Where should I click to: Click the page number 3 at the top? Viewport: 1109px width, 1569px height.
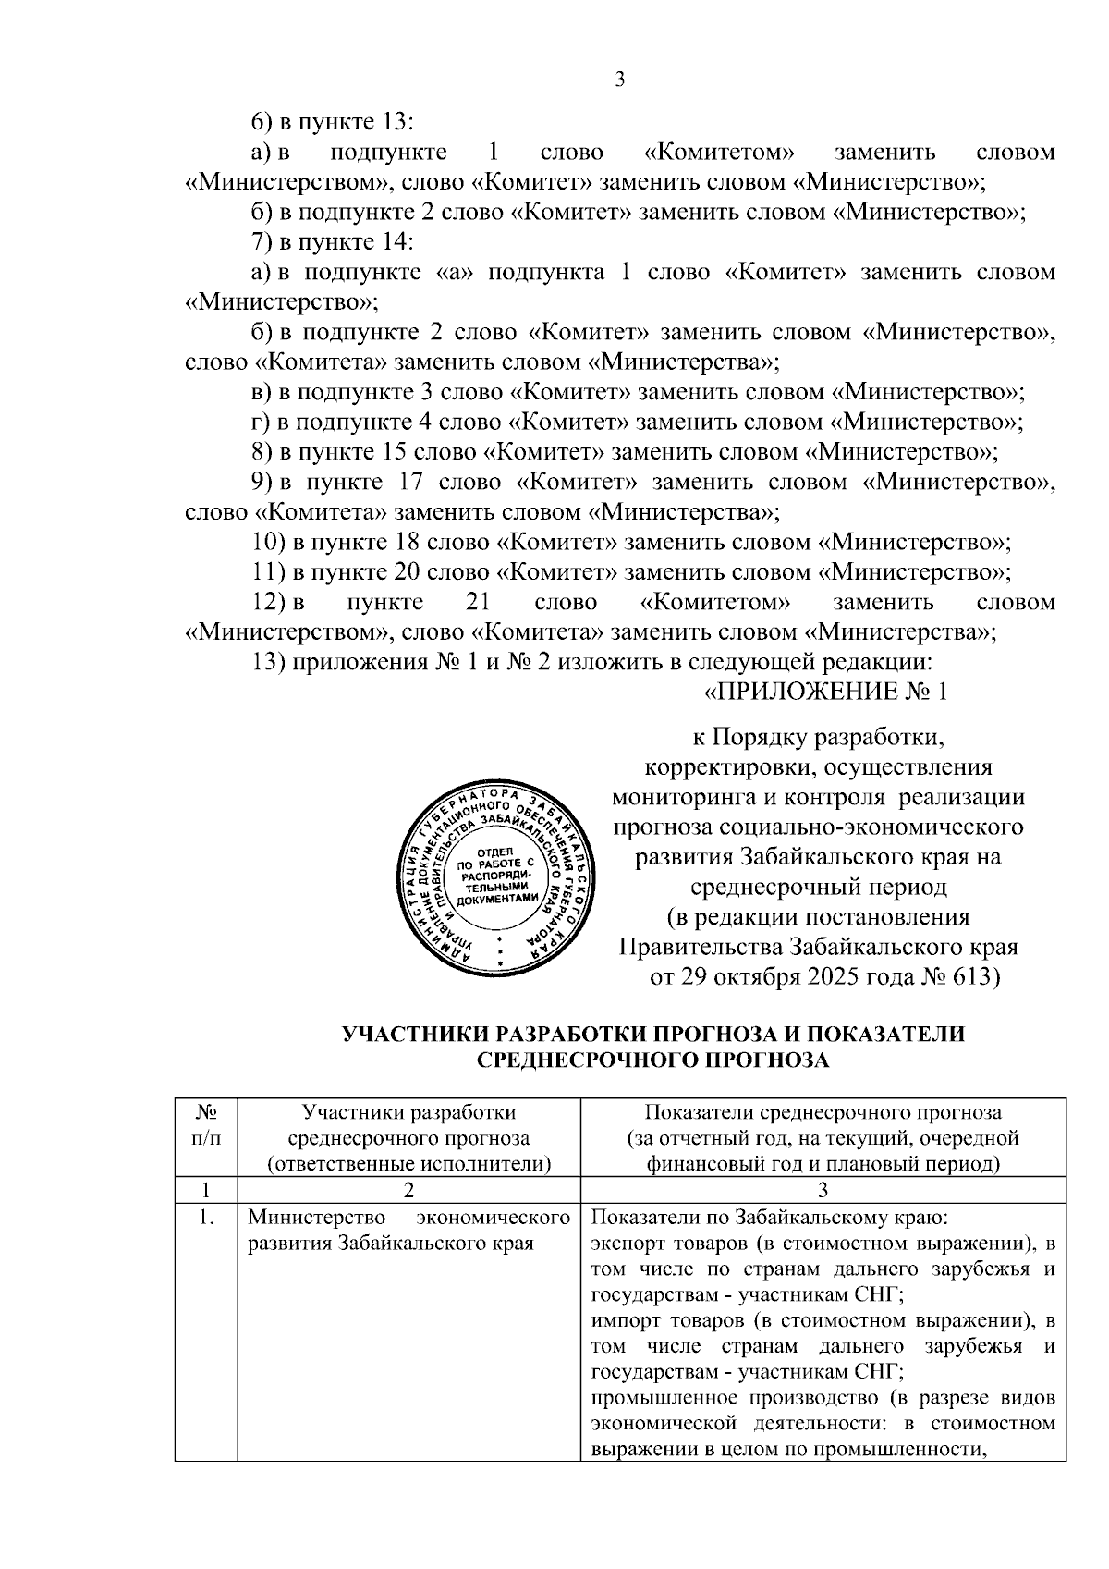620,80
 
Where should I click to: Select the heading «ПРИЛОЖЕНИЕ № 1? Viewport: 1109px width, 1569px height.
826,693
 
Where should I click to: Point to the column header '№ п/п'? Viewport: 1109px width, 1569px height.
206,1125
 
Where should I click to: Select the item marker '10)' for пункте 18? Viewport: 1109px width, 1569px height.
270,543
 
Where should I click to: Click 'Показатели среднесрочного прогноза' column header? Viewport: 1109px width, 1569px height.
823,1112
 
